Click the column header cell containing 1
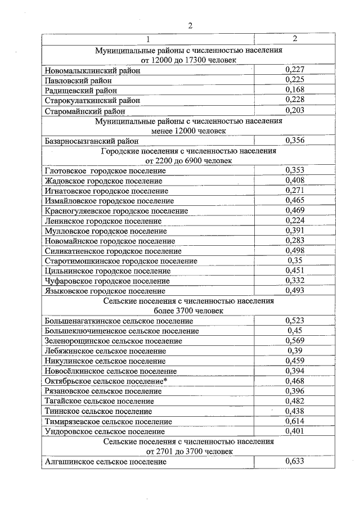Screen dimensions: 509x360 point(148,39)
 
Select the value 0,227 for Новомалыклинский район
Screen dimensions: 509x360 point(295,70)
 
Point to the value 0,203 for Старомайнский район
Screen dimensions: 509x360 point(295,110)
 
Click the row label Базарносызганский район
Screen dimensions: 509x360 point(91,141)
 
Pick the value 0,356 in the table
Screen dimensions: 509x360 point(295,140)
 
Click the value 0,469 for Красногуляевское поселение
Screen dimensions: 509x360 point(295,210)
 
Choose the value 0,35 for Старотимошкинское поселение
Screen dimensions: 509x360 point(295,261)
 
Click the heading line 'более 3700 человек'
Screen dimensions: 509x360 point(188,310)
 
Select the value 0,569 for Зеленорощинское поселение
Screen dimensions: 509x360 point(295,340)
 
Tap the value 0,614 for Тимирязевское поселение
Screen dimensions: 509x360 point(295,421)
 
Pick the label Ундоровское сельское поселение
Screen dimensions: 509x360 point(104,431)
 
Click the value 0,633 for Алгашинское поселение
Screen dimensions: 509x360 point(295,461)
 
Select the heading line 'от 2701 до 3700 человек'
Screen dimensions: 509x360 point(188,451)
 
